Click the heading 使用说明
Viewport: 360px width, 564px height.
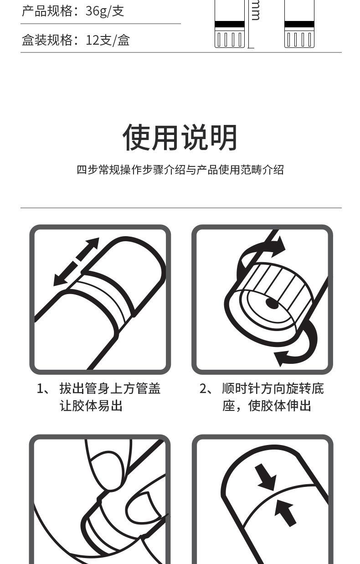pyautogui.click(x=180, y=137)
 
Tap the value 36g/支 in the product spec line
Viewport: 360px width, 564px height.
pyautogui.click(x=105, y=11)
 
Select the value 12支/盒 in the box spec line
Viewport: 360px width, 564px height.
pyautogui.click(x=108, y=40)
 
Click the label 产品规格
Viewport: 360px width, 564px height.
pyautogui.click(x=47, y=11)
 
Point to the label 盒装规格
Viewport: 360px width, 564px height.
pyautogui.click(x=47, y=40)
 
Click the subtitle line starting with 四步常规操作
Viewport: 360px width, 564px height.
pyautogui.click(x=180, y=170)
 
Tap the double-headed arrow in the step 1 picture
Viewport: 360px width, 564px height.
pyautogui.click(x=77, y=262)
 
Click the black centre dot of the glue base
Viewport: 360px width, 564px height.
pyautogui.click(x=272, y=303)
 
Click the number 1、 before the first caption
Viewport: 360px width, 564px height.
pyautogui.click(x=44, y=388)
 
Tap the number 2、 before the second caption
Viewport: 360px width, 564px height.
pyautogui.click(x=206, y=388)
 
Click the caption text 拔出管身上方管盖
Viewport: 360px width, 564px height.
pyautogui.click(x=110, y=388)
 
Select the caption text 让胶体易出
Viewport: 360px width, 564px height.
pyautogui.click(x=91, y=406)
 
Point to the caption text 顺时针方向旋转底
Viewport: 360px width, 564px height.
pyautogui.click(x=273, y=388)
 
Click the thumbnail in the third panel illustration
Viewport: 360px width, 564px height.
pyautogui.click(x=144, y=506)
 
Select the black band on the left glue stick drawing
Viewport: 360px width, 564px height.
pyautogui.click(x=229, y=24)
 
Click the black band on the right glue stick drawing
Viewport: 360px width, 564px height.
pyautogui.click(x=299, y=24)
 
